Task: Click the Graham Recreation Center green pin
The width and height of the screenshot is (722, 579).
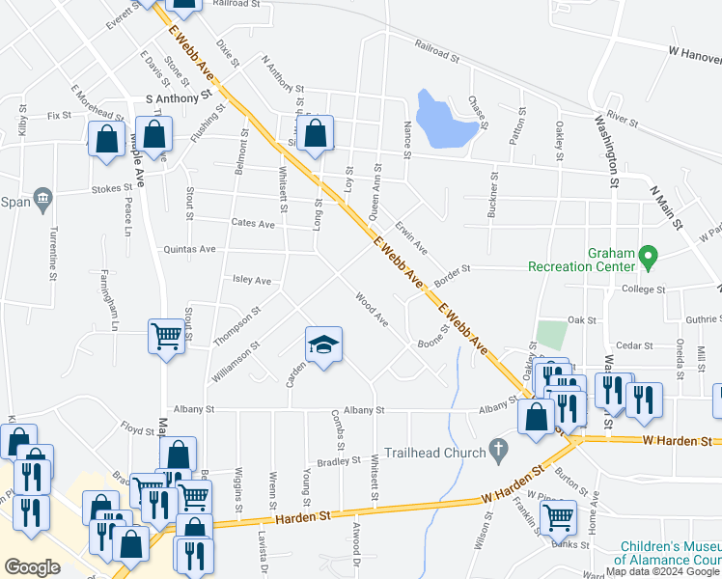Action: point(648,258)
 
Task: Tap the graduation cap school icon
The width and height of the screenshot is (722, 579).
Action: point(324,343)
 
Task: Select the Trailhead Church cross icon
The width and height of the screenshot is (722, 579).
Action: point(497,449)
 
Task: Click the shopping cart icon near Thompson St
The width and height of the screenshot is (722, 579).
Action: point(166,336)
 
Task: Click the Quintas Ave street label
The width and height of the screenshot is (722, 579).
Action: point(190,249)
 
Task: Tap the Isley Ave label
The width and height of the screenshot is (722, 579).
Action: point(252,280)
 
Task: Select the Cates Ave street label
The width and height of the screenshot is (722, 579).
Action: point(253,224)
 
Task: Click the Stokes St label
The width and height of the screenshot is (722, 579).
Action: point(112,189)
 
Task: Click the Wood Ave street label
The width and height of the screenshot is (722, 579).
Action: point(372,309)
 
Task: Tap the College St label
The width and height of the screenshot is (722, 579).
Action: point(643,289)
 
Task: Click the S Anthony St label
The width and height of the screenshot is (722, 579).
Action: point(178,97)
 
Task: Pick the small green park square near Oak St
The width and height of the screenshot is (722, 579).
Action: point(550,335)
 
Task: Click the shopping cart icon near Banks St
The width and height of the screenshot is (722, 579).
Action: point(558,515)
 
